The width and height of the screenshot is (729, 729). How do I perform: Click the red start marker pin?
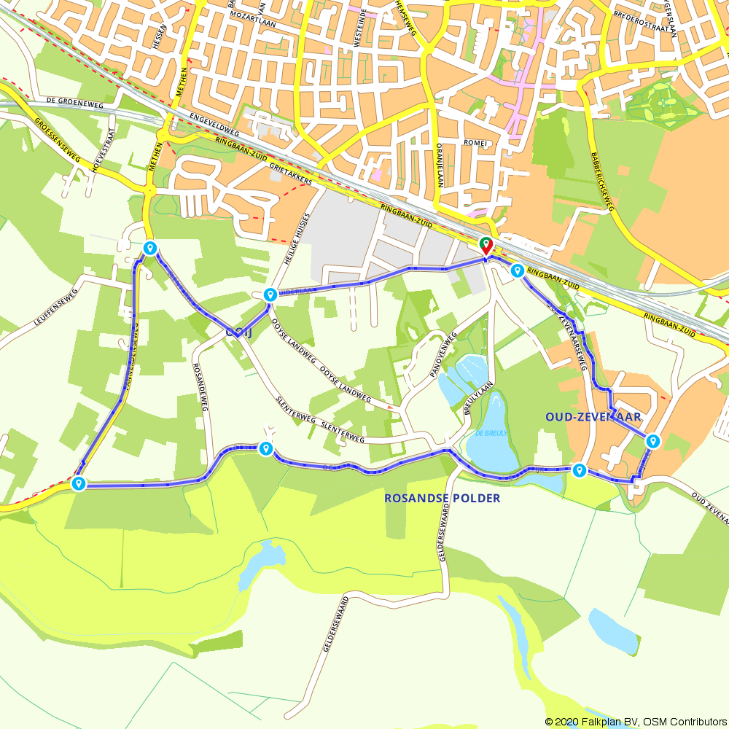click(485, 245)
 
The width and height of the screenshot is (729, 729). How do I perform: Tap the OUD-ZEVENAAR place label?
click(593, 417)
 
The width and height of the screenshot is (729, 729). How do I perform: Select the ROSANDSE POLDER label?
click(442, 499)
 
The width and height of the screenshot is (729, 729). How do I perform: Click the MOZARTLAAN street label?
click(254, 14)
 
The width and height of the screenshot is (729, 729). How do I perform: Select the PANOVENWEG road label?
click(444, 354)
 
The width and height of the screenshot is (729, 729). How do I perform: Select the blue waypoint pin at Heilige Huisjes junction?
click(270, 295)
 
